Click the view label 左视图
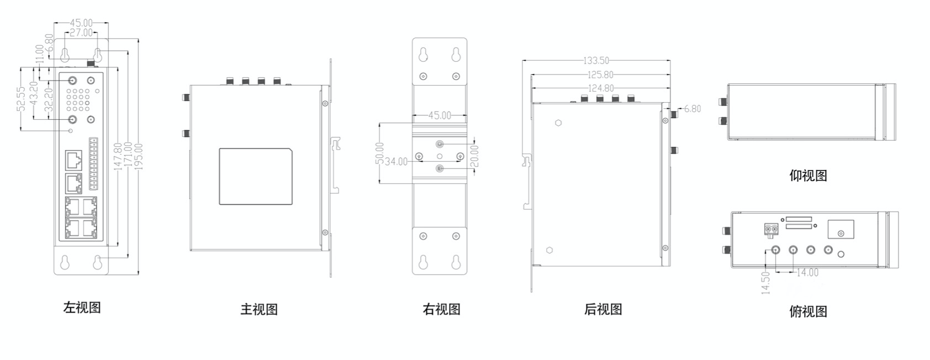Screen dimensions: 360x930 [82, 308]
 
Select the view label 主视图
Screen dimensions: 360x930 [259, 309]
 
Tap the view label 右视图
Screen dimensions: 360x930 [442, 309]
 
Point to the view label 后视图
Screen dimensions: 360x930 [603, 309]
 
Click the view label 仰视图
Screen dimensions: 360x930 [809, 176]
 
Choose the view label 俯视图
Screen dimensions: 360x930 [809, 311]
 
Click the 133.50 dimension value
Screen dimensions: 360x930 [596, 60]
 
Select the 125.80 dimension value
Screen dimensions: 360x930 [600, 75]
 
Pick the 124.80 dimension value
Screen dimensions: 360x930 [600, 88]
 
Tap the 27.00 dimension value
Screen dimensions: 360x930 [81, 33]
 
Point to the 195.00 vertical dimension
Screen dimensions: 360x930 [139, 157]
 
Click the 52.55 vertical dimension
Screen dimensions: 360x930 [21, 98]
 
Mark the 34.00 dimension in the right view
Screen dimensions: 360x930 [396, 162]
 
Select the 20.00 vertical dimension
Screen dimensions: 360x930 [475, 156]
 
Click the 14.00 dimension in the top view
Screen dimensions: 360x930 [807, 272]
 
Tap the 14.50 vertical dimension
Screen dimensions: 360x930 [765, 283]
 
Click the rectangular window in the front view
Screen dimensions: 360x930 [255, 176]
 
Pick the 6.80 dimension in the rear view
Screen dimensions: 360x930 [693, 109]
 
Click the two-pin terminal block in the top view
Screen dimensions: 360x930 [770, 229]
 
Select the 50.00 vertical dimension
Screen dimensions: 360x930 [379, 153]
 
